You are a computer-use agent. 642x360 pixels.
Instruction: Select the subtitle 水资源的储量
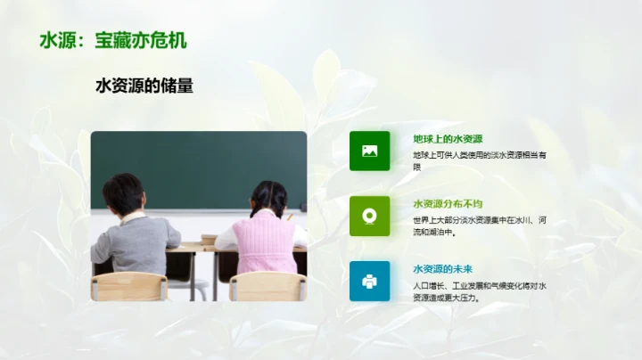(x=144, y=86)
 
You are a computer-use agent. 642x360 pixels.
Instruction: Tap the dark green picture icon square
(x=369, y=151)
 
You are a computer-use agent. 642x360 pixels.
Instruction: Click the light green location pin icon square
(x=369, y=216)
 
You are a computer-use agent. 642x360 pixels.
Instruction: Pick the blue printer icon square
(x=369, y=281)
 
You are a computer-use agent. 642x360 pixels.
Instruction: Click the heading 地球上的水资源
(x=448, y=139)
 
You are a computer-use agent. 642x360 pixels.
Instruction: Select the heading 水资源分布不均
(x=448, y=204)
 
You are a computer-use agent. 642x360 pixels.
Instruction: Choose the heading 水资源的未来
(x=442, y=269)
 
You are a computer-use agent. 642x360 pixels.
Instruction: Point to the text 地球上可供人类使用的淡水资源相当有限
(x=479, y=160)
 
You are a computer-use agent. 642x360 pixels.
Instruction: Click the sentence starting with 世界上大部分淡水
(x=479, y=225)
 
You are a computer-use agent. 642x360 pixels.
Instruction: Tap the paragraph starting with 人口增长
(x=479, y=291)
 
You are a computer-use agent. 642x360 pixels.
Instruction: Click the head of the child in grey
(x=123, y=192)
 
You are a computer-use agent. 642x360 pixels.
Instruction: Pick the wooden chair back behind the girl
(x=267, y=286)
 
